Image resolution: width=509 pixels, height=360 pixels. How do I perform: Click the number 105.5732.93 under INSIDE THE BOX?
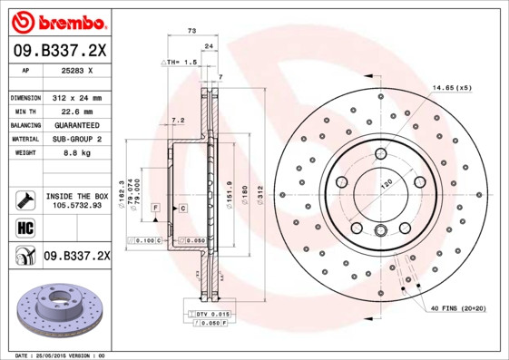point(76,205)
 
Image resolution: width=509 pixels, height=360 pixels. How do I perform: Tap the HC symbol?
point(25,227)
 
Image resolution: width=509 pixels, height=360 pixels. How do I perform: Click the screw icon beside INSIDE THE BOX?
point(25,199)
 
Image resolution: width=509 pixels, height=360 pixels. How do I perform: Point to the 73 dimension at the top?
point(191,31)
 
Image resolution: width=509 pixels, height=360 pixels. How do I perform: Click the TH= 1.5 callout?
point(180,62)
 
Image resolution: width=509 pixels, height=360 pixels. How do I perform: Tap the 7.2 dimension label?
point(178,120)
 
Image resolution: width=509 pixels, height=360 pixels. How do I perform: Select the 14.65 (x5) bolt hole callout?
point(451,87)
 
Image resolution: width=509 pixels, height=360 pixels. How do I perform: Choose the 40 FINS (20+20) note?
point(457,309)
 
